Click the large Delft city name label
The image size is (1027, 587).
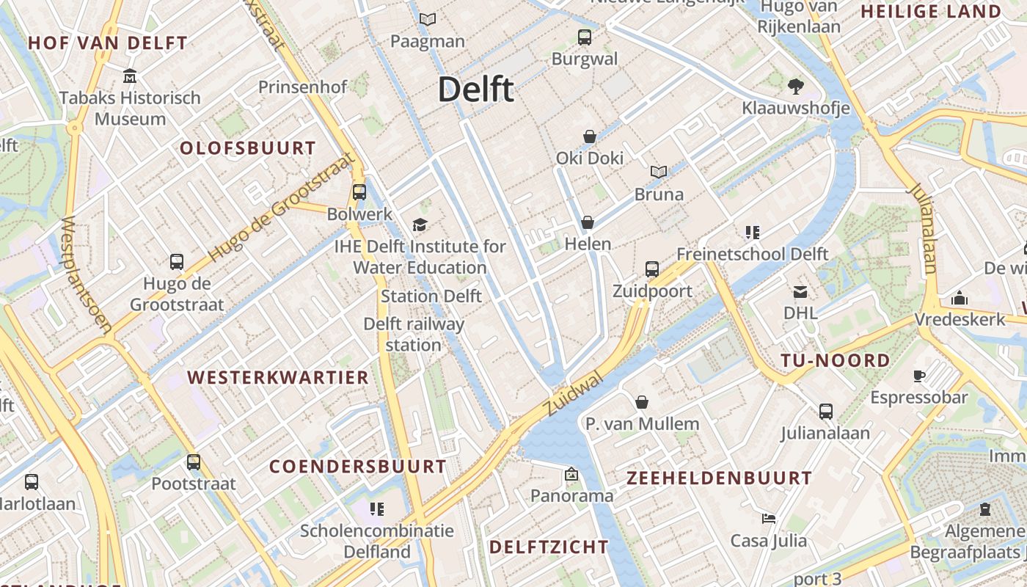(475, 90)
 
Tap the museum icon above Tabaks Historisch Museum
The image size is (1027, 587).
(130, 76)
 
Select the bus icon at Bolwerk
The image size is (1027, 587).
(359, 192)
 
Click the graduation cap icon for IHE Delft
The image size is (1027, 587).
(420, 225)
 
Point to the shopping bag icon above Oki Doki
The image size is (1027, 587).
(589, 136)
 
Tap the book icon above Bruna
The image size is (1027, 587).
(659, 172)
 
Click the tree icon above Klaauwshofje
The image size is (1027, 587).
(795, 87)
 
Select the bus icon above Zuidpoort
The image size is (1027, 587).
(652, 269)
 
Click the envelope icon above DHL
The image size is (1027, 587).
(800, 292)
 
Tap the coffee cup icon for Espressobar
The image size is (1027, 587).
(918, 376)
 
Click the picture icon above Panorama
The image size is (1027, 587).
(571, 475)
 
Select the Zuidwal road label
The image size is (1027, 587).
(574, 393)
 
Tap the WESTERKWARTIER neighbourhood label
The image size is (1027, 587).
(278, 378)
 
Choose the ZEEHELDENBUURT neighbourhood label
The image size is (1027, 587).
(719, 478)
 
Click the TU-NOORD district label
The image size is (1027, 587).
(835, 360)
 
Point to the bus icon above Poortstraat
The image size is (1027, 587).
(193, 462)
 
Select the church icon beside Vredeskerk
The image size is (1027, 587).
(959, 298)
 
